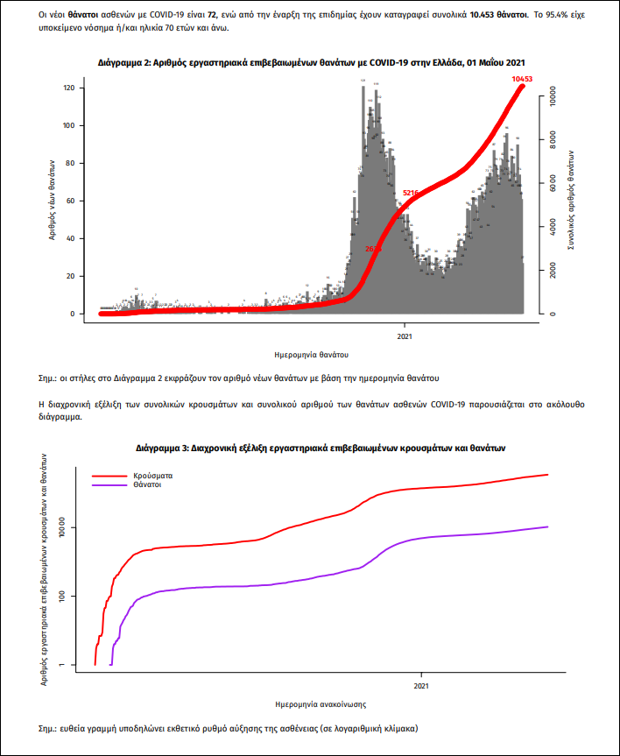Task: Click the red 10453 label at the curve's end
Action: pos(523,79)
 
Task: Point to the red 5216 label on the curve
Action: pos(410,192)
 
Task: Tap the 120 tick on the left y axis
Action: pos(67,88)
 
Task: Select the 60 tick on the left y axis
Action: pos(69,201)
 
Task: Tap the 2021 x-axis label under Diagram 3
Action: pos(420,686)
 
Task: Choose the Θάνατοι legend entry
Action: pos(149,484)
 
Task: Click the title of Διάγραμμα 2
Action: pos(311,63)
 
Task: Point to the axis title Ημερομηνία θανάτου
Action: pos(311,355)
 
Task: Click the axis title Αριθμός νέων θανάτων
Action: pos(52,201)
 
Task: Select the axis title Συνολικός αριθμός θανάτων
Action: pos(570,201)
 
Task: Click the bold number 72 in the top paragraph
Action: pos(211,16)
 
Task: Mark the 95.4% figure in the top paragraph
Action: pos(556,16)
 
